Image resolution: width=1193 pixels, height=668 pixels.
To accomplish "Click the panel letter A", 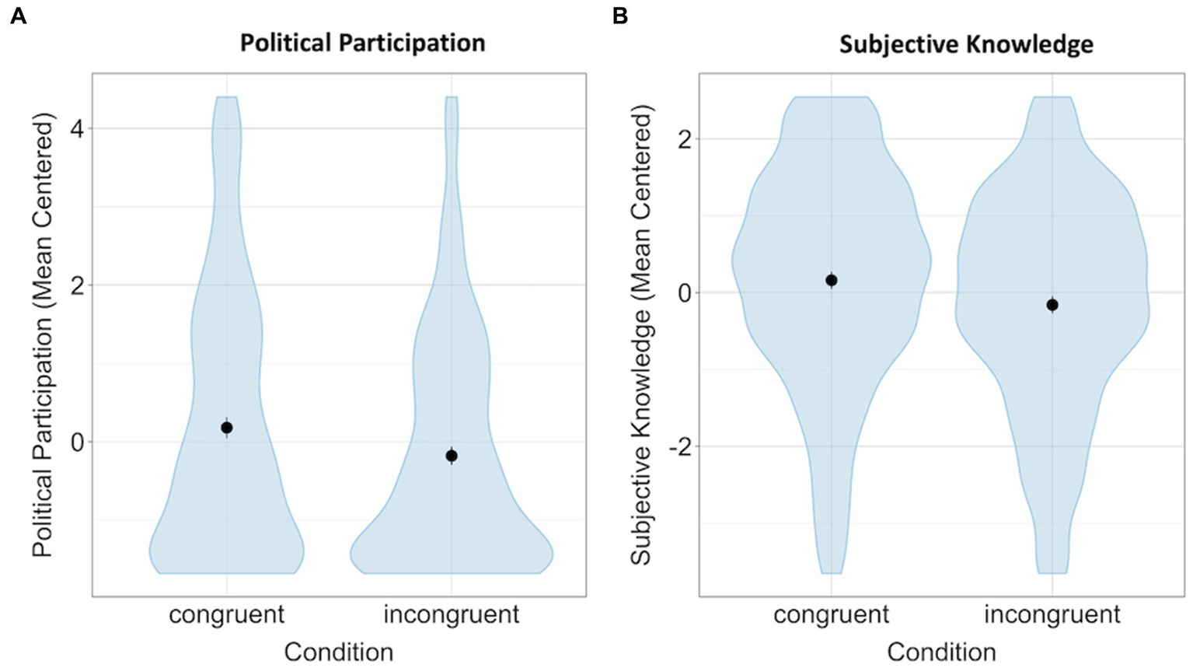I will click(x=18, y=16).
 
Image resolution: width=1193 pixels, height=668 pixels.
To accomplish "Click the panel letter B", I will click(x=619, y=16).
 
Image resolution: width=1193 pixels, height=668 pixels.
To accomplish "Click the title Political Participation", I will click(x=362, y=42).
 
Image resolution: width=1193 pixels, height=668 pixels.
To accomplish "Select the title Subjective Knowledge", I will click(x=966, y=44).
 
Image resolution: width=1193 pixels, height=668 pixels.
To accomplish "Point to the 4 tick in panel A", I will click(x=77, y=128).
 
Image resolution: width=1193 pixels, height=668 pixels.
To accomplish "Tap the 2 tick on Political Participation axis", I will click(x=77, y=285).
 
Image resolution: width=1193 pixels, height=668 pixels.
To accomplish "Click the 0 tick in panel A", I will click(x=77, y=442).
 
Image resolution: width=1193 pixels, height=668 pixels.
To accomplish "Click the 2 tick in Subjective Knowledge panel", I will click(x=683, y=139).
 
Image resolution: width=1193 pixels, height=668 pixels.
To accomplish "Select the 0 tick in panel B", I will click(x=683, y=293).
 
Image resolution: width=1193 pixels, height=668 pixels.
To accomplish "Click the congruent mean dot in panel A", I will click(x=227, y=428).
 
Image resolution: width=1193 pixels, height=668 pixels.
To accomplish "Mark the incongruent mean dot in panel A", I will click(x=452, y=456).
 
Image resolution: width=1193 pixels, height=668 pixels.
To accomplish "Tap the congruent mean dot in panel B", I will click(x=832, y=280).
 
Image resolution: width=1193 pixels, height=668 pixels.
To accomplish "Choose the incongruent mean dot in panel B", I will click(x=1052, y=305).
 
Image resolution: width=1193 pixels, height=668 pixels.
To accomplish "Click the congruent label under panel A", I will click(x=227, y=614).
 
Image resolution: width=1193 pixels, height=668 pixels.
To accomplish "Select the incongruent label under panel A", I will click(x=452, y=614).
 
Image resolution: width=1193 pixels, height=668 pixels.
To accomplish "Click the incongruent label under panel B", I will click(x=1052, y=614).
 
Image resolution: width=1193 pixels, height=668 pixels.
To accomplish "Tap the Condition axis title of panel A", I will click(x=338, y=651).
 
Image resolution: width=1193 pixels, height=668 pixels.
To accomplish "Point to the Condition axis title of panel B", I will click(x=941, y=651).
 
